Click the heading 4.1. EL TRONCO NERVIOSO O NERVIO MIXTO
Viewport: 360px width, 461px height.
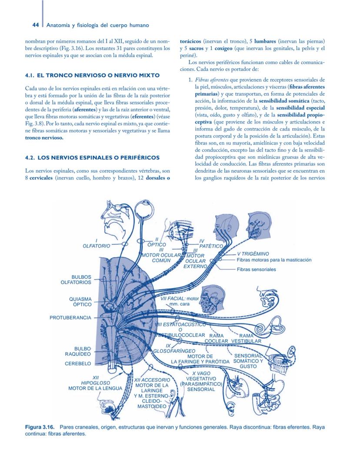click(x=93, y=76)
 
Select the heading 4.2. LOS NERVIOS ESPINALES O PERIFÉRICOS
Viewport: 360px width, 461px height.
click(x=92, y=157)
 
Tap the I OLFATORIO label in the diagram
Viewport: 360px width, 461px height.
click(x=96, y=244)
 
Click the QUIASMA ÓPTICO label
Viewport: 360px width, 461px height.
click(x=80, y=302)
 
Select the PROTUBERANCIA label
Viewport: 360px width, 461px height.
click(x=70, y=318)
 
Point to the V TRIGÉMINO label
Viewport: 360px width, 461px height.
click(x=253, y=254)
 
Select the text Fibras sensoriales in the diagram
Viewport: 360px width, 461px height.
click(x=256, y=270)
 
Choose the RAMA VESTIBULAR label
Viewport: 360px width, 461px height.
click(x=246, y=338)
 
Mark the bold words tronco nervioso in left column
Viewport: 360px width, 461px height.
click(x=44, y=138)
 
